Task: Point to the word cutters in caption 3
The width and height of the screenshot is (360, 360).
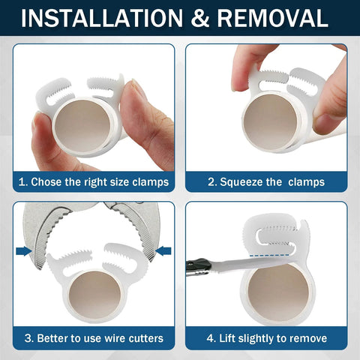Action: (142, 338)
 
